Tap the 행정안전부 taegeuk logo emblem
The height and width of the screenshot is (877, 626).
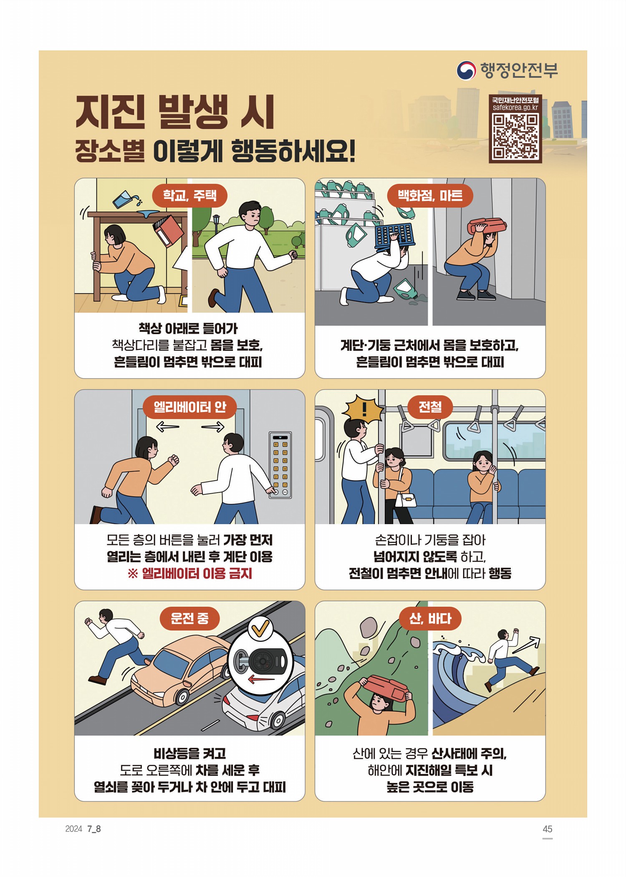pos(466,71)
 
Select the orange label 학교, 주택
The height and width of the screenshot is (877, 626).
pos(189,195)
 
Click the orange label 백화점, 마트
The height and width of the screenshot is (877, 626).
pos(430,195)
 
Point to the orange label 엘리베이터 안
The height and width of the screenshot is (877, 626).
pos(190,407)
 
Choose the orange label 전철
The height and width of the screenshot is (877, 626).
pos(430,407)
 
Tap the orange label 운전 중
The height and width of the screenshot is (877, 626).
pos(189,618)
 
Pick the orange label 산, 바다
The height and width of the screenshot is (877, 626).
pos(430,618)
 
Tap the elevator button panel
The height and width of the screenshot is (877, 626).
pos(280,465)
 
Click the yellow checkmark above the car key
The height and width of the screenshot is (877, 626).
pos(260,628)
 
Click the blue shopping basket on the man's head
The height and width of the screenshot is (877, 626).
pos(394,236)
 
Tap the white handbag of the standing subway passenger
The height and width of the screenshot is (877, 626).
pos(407,499)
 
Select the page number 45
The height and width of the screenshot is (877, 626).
pos(548,829)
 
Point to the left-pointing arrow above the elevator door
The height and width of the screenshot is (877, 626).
pos(167,426)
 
